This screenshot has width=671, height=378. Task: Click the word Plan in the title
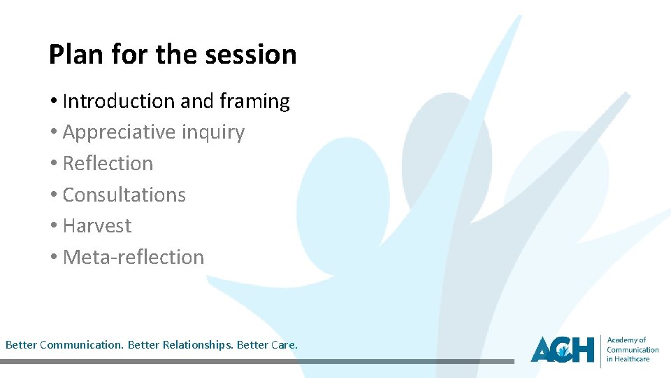click(x=72, y=54)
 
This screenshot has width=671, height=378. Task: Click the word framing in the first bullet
click(x=254, y=101)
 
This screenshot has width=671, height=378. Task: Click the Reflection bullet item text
click(x=108, y=163)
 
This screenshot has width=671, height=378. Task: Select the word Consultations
click(x=124, y=195)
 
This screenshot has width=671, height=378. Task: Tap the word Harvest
click(x=97, y=225)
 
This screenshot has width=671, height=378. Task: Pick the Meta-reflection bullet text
click(x=134, y=257)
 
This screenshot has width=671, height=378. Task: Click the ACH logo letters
click(x=562, y=349)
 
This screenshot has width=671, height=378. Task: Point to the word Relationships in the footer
click(x=198, y=345)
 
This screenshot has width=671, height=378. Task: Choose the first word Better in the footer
click(x=21, y=345)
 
